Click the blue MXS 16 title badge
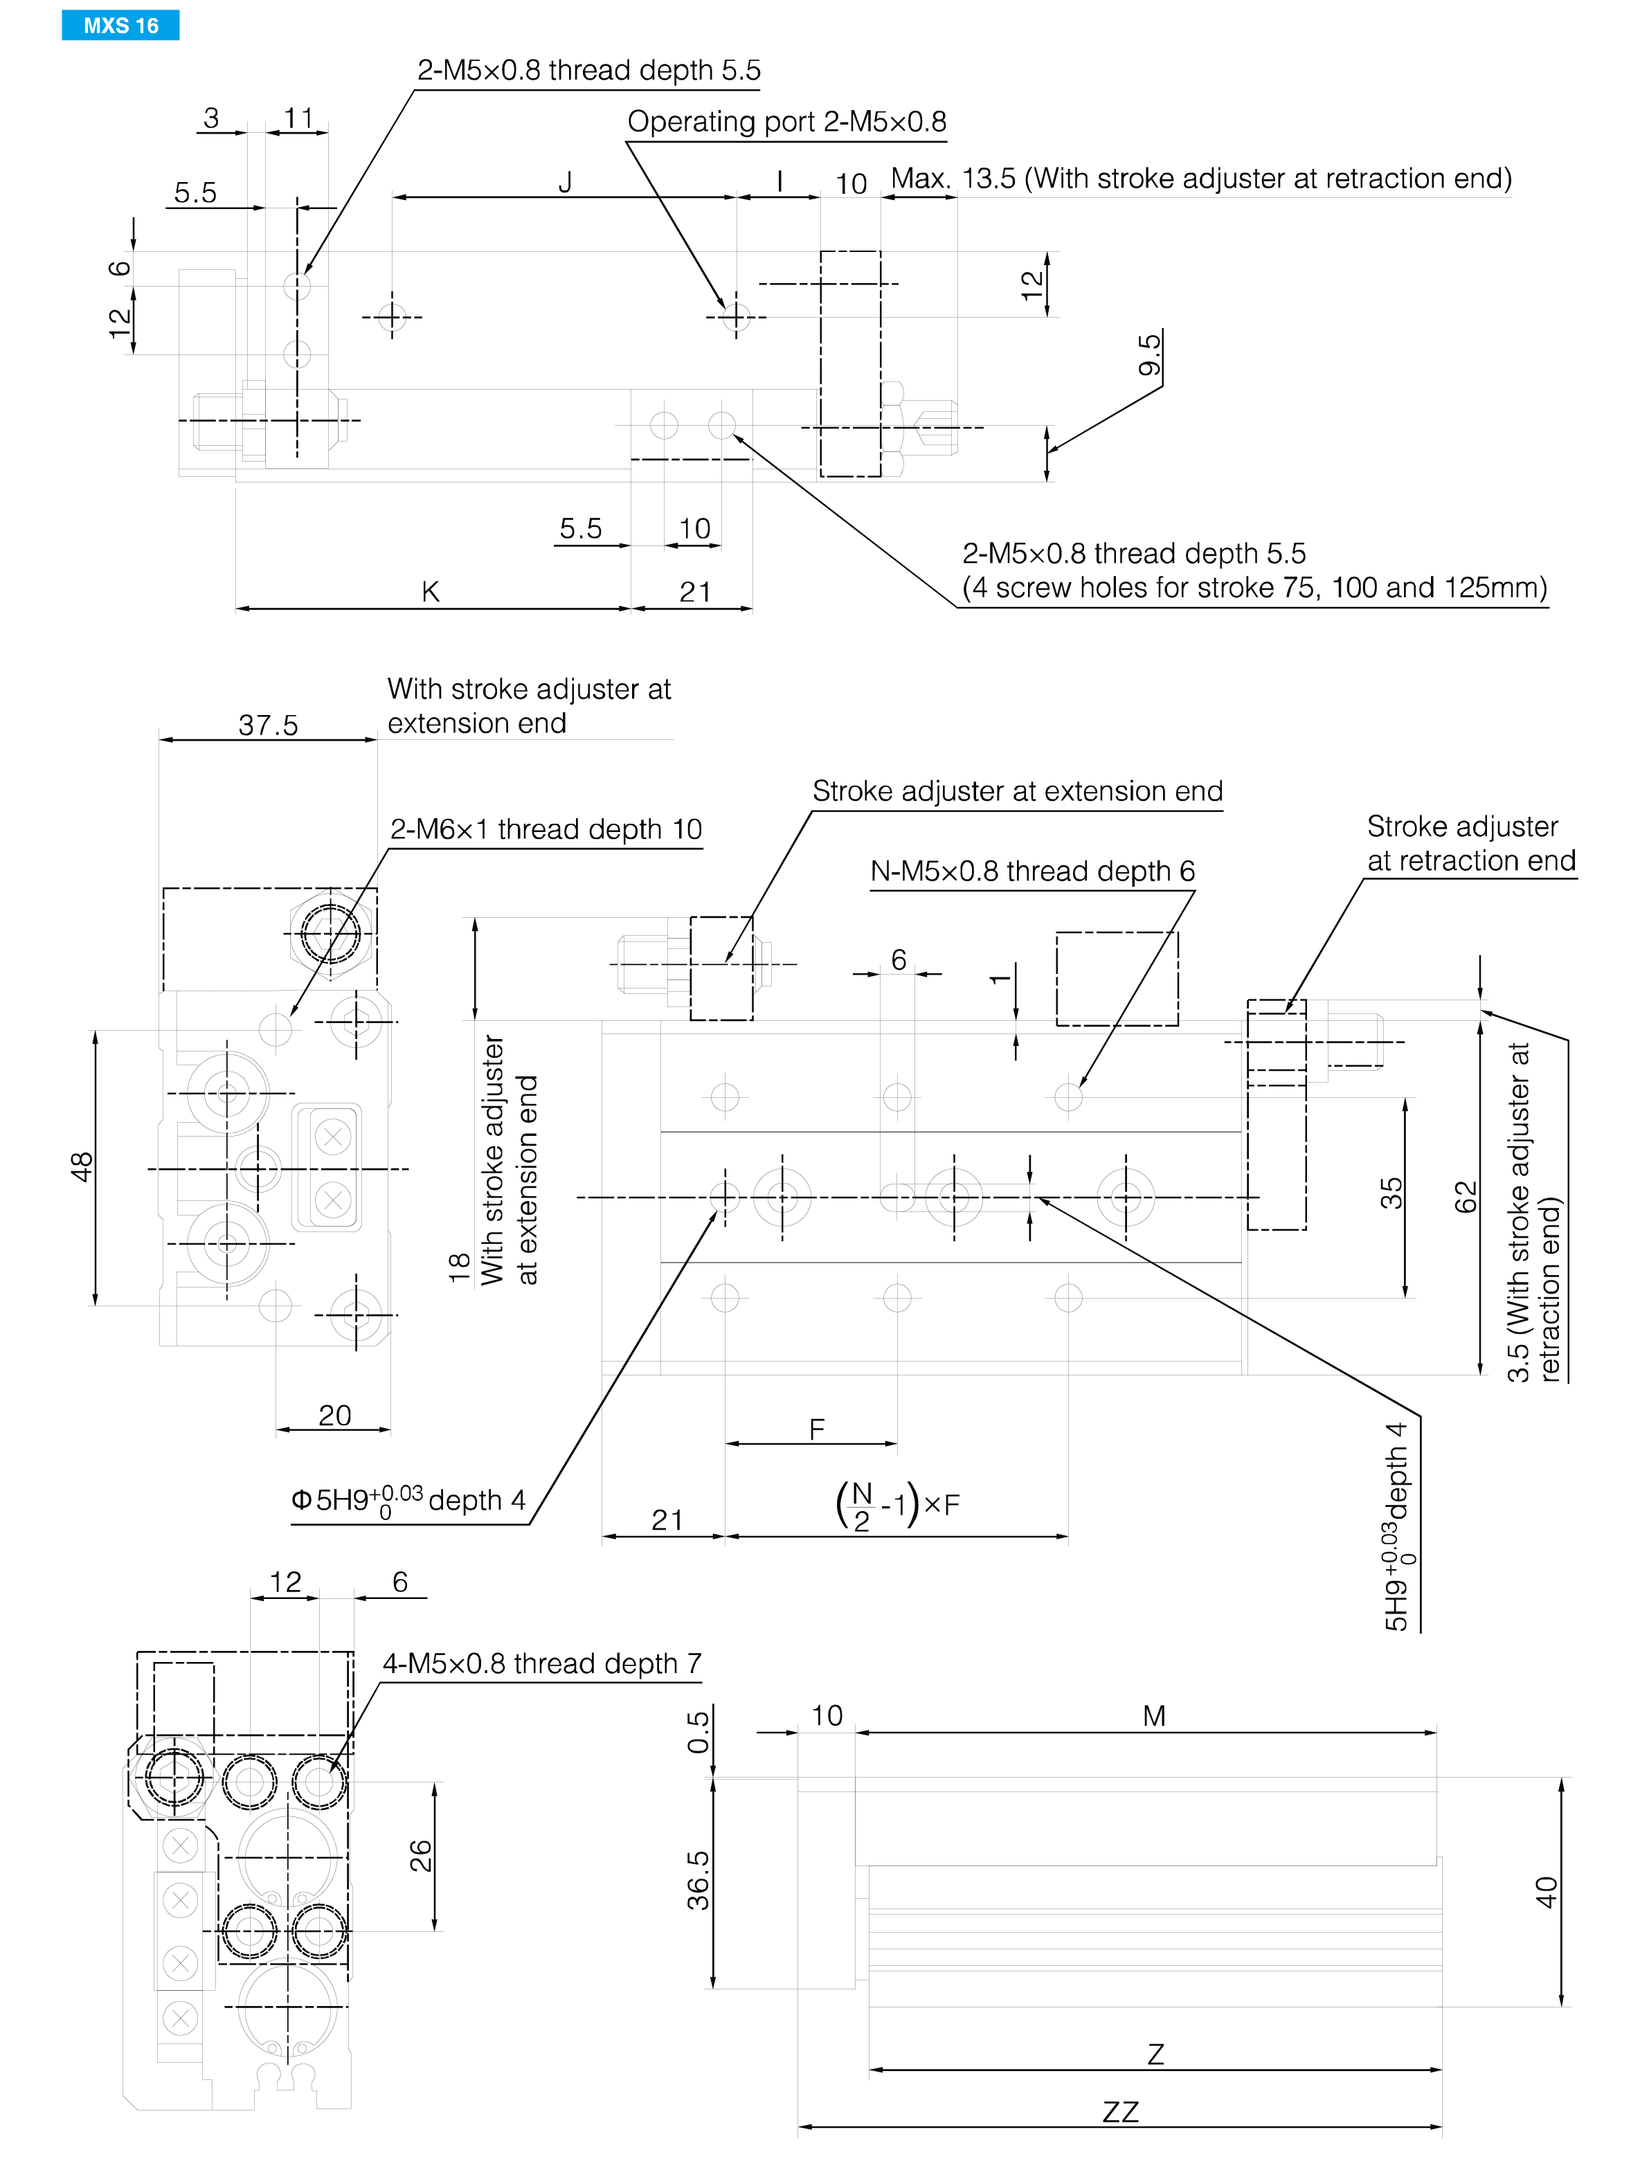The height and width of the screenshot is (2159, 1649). point(120,26)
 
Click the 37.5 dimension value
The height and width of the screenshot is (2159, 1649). point(268,725)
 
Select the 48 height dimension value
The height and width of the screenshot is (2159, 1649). point(82,1167)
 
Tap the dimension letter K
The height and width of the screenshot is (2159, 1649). point(430,592)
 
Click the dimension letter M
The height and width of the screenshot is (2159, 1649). point(1154,1715)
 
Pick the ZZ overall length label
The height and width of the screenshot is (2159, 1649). point(1120,2112)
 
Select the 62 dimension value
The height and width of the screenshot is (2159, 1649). point(1466,1198)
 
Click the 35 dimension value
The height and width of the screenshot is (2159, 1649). point(1392,1193)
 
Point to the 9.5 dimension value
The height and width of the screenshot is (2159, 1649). point(1149,354)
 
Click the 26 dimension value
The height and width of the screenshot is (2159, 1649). point(420,1856)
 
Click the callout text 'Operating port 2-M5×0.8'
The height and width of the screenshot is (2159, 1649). point(786,122)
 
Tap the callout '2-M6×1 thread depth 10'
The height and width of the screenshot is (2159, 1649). point(546,829)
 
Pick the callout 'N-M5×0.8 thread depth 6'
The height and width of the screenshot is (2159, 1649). point(1033,871)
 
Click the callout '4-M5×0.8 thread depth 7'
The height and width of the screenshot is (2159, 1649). point(542,1663)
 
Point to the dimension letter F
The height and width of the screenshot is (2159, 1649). point(817,1430)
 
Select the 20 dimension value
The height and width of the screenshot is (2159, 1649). point(334,1415)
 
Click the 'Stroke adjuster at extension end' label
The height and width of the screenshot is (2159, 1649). point(1018,791)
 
